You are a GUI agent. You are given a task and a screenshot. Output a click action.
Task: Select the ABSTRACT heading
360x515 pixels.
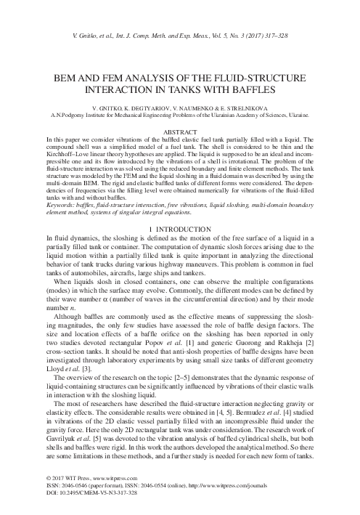tap(179, 131)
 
